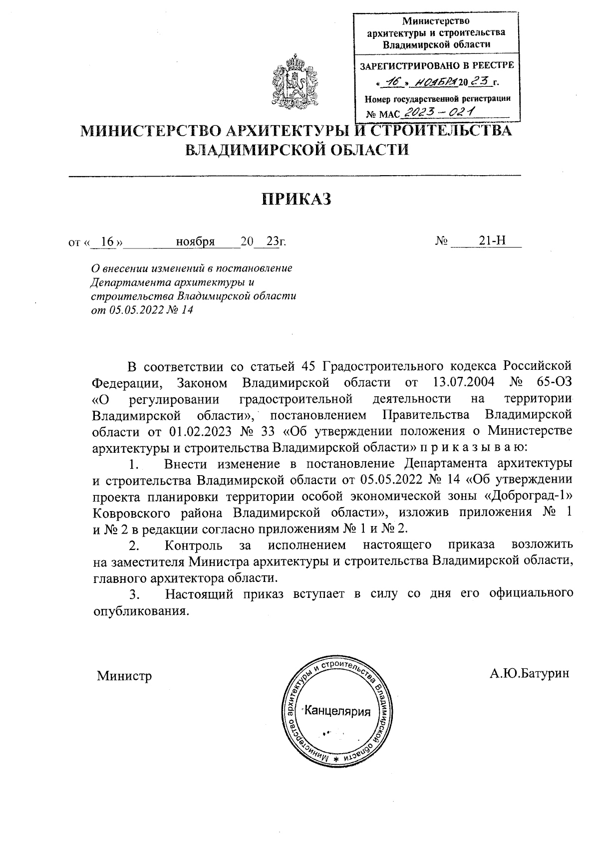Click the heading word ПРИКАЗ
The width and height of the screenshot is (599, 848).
297,199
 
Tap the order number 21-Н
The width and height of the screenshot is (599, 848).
492,241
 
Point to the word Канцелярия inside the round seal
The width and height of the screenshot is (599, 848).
338,711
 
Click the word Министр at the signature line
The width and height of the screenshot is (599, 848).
124,676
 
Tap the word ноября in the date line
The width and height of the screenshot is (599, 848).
195,242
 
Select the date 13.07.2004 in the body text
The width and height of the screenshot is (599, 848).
461,382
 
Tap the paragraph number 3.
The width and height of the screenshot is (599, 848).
133,594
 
